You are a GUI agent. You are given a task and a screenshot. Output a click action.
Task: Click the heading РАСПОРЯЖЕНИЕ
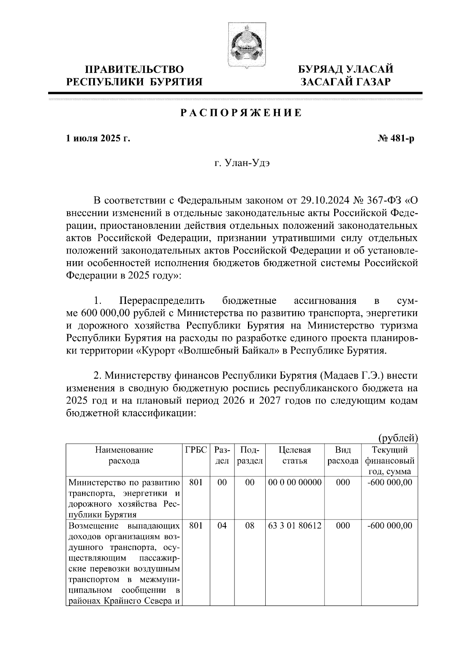point(241,113)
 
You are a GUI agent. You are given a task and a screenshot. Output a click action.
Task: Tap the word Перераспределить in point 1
point(162,300)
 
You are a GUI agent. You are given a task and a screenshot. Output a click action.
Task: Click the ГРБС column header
point(196,450)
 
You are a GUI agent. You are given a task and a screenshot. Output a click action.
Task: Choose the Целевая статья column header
point(295,455)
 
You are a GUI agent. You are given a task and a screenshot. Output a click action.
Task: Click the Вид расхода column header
point(343,455)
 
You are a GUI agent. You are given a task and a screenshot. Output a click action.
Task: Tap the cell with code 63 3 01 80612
point(295,525)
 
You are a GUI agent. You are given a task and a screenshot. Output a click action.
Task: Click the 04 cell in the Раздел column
point(222,525)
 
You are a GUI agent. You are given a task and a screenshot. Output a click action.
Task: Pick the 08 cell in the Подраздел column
point(250,525)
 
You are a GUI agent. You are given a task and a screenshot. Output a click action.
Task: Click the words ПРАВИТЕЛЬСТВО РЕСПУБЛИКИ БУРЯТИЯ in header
point(134,75)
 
